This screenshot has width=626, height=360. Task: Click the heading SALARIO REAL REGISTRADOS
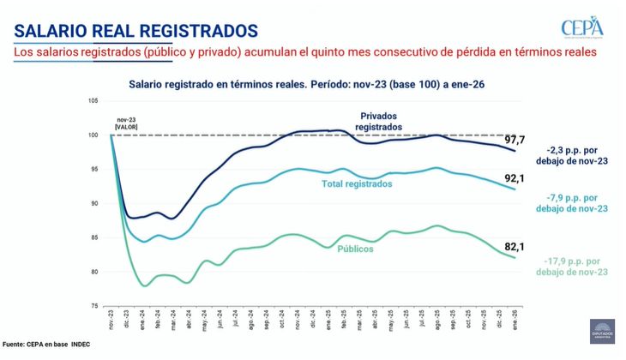click(x=136, y=30)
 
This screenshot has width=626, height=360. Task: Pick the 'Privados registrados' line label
click(x=378, y=121)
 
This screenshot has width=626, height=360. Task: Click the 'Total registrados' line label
click(x=362, y=183)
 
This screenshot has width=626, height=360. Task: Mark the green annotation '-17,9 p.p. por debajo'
click(x=575, y=266)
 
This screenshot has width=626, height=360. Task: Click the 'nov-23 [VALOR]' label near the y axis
click(x=126, y=123)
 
